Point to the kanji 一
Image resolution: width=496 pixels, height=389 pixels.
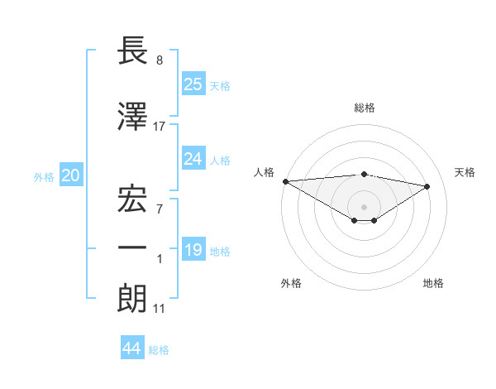tap(132, 247)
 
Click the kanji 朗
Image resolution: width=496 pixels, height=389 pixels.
tap(132, 297)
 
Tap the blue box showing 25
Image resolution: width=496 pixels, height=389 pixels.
tap(193, 84)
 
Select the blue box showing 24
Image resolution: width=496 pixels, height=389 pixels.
tap(193, 159)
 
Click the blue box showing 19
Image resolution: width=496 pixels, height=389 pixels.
tap(193, 250)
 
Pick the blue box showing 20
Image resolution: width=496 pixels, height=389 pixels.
tap(71, 175)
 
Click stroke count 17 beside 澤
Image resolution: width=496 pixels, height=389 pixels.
tap(160, 127)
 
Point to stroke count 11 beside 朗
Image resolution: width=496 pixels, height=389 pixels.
tap(160, 310)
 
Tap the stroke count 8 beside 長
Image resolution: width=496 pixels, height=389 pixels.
tap(160, 60)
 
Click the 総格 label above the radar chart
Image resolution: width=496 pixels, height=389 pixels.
tap(364, 108)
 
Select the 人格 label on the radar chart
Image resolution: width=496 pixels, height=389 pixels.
tap(265, 172)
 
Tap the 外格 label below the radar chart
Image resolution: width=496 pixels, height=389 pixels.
tap(291, 283)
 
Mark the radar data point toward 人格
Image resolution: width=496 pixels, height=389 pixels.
tap(285, 180)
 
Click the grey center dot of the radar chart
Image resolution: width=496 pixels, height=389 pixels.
tap(364, 205)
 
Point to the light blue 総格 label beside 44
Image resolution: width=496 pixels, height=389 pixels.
tap(159, 350)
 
